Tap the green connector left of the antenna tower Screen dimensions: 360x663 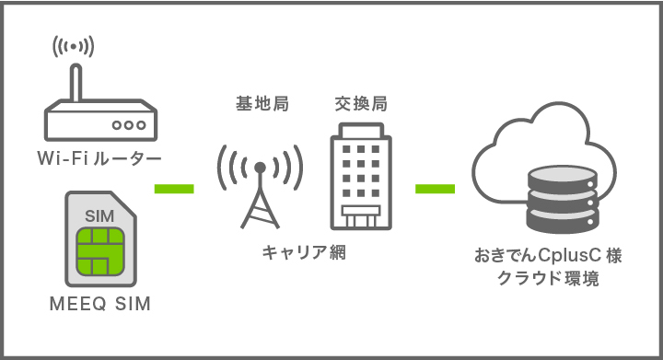(174, 190)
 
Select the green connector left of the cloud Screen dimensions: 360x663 (436, 190)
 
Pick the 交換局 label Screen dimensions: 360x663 (360, 104)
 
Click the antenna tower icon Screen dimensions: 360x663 (261, 184)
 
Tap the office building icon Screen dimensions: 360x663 (360, 178)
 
